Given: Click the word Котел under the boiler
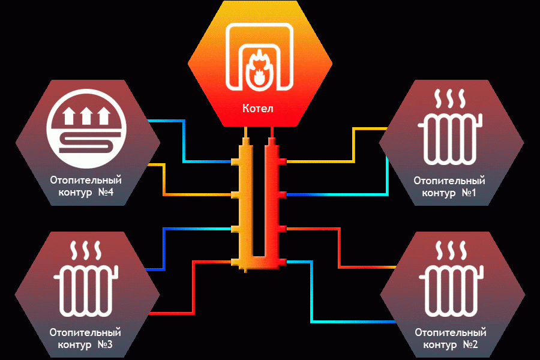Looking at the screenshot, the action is pyautogui.click(x=257, y=109).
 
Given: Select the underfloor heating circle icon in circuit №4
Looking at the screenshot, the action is pyautogui.click(x=86, y=129).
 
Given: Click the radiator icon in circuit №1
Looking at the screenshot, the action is pyautogui.click(x=450, y=140).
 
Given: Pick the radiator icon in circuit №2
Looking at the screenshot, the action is pyautogui.click(x=451, y=291).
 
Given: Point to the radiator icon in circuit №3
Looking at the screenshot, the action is pyautogui.click(x=86, y=291).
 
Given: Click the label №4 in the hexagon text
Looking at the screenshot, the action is pyautogui.click(x=106, y=192).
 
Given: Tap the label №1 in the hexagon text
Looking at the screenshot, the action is pyautogui.click(x=469, y=193).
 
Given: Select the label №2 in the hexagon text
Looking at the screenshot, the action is pyautogui.click(x=470, y=344).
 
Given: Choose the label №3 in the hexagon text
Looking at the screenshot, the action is pyautogui.click(x=105, y=344).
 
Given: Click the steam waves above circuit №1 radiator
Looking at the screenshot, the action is pyautogui.click(x=450, y=99).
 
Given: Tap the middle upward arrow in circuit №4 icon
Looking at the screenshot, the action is pyautogui.click(x=86, y=116).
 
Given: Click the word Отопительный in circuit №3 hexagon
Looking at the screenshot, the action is pyautogui.click(x=85, y=332).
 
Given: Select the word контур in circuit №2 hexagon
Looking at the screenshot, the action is pyautogui.click(x=439, y=345).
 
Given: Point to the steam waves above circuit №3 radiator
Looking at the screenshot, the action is pyautogui.click(x=86, y=250).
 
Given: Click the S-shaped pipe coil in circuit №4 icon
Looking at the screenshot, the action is pyautogui.click(x=86, y=143).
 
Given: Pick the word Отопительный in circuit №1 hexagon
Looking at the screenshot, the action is pyautogui.click(x=449, y=181).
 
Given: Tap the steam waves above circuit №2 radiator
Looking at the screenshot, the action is pyautogui.click(x=451, y=250).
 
